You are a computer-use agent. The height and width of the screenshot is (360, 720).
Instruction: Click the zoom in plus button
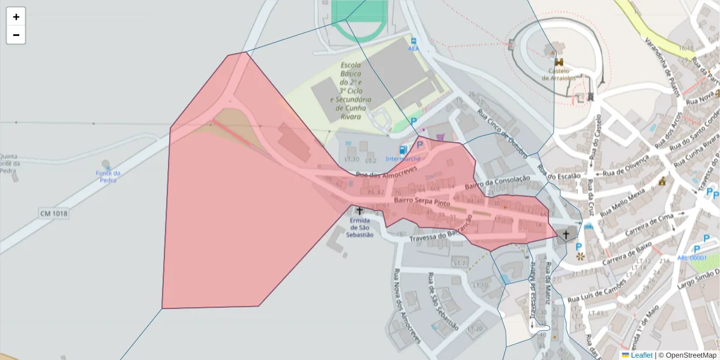click(x=16, y=17)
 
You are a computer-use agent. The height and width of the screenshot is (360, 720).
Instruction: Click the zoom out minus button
click(x=16, y=35)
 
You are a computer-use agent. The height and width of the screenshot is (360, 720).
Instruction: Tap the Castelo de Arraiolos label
click(x=559, y=74)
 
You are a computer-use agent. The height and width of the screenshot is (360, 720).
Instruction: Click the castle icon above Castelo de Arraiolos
click(x=559, y=62)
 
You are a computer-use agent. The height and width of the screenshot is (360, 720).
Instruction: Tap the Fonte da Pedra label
click(x=108, y=176)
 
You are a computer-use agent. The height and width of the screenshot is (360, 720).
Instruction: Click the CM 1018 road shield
click(x=54, y=214)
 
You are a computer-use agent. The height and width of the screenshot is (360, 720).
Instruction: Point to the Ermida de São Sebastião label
click(x=359, y=227)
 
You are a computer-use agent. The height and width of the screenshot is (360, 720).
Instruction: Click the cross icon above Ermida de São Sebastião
click(x=359, y=211)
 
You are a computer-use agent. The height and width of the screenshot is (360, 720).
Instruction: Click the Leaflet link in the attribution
click(x=641, y=355)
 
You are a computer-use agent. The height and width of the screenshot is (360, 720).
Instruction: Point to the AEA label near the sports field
click(x=413, y=47)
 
